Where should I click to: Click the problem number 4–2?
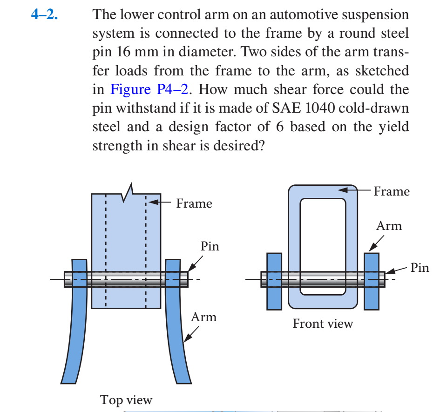tap(45, 15)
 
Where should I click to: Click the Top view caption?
tap(126, 399)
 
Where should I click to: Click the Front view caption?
tap(323, 323)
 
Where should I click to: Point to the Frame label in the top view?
tap(194, 203)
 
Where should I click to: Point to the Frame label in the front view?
tap(392, 191)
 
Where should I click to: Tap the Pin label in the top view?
tap(210, 246)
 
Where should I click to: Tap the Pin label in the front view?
tap(420, 268)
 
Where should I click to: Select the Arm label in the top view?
tap(204, 317)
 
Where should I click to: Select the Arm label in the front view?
tap(389, 226)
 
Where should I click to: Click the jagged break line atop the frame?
tap(127, 192)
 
